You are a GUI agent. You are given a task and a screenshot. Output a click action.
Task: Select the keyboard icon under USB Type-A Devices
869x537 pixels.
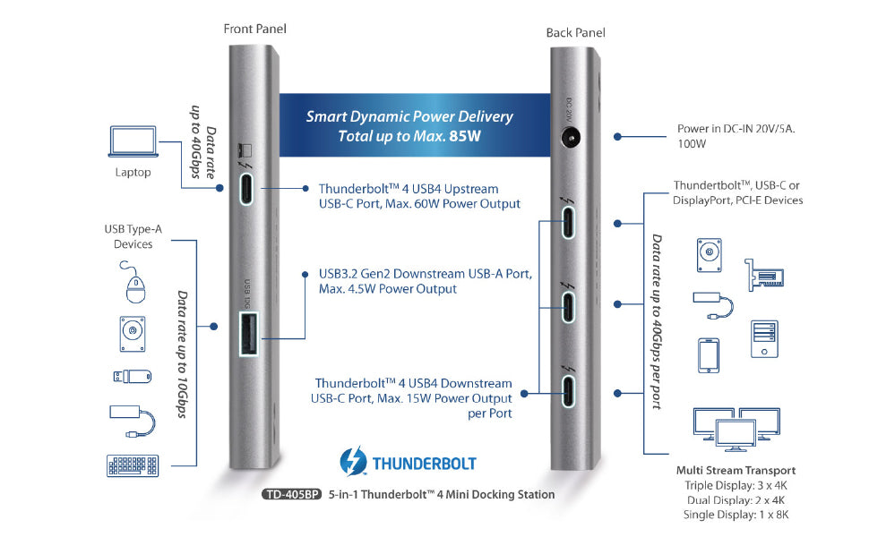132,465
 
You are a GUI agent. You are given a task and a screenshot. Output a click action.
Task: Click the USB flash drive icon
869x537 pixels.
132,376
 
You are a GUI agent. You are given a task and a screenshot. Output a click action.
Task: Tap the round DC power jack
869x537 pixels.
569,137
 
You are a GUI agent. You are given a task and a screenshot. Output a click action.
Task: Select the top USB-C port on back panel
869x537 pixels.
569,223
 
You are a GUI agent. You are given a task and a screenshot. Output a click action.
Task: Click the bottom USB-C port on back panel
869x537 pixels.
569,392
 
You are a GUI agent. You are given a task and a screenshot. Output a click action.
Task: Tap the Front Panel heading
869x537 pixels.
254,29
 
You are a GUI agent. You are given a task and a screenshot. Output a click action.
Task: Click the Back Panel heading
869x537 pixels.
575,33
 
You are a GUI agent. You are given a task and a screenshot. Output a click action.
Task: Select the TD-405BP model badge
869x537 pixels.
291,494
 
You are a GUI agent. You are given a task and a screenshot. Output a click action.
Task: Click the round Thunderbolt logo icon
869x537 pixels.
354,464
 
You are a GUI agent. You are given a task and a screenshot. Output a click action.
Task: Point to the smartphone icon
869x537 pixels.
708,355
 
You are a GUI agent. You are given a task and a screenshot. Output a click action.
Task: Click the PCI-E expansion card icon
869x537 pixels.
761,275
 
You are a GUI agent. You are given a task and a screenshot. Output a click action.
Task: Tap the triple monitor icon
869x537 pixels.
735,428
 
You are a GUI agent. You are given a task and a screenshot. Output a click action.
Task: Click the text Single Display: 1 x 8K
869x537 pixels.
736,515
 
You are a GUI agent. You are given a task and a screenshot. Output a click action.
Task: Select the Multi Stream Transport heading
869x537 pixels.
736,470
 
